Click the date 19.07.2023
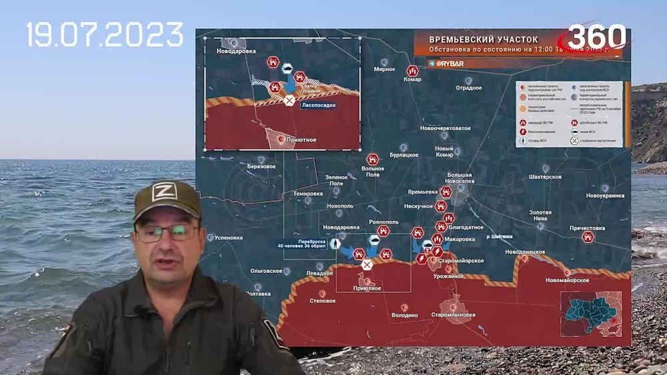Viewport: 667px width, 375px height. click(105, 34)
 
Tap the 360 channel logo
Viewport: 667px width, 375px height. click(597, 37)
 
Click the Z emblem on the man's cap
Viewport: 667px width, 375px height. click(163, 193)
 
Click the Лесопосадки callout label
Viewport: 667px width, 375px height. click(318, 105)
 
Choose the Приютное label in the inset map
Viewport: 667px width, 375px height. click(301, 140)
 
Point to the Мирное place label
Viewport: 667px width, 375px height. click(384, 69)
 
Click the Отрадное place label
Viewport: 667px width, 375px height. click(468, 87)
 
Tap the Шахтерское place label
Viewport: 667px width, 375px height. click(545, 177)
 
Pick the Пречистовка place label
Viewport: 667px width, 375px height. click(587, 228)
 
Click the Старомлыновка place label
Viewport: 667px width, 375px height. click(453, 314)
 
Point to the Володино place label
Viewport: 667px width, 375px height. click(404, 315)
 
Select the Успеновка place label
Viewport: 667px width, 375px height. click(229, 236)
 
